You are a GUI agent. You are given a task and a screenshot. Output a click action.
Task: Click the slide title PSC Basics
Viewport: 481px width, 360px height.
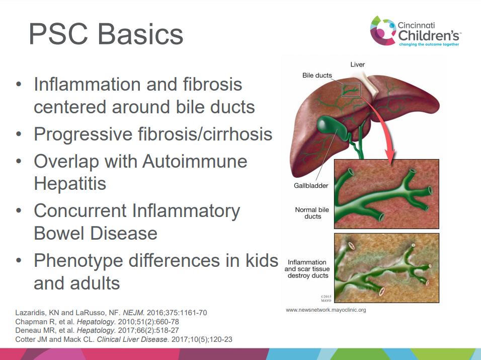coord(106,34)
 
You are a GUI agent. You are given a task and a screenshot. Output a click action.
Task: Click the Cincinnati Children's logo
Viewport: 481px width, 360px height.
coord(416,31)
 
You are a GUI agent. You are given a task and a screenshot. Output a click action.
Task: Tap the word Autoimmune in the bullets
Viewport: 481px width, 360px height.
coord(195,161)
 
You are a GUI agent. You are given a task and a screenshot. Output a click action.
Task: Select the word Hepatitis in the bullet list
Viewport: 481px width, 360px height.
coord(70,184)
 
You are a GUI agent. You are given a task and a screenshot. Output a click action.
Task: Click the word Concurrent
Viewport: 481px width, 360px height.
coord(80,211)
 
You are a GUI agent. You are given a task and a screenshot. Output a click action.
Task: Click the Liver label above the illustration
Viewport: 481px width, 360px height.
coord(357,64)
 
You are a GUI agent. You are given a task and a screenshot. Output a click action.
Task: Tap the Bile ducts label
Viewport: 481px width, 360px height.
coord(317,75)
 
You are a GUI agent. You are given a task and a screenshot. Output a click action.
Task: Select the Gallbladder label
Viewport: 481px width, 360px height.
coord(311,185)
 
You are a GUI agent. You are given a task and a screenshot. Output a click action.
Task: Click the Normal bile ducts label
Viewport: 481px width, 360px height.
coord(312,213)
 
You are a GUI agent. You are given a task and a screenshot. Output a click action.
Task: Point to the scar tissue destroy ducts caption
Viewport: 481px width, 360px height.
coord(307,269)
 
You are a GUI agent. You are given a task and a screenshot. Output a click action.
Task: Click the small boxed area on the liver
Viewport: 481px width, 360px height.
coord(351,90)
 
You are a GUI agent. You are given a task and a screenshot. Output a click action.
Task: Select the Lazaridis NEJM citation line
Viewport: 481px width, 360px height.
coord(111,313)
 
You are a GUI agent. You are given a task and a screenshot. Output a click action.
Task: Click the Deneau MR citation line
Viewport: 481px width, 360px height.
coord(97,330)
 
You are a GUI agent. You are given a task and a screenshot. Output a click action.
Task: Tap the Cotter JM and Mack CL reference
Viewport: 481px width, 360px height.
coord(124,339)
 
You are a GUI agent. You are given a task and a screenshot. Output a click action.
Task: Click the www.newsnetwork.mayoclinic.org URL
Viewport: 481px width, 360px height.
coord(326,310)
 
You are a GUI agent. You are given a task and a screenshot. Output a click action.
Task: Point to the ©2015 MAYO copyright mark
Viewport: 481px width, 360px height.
coord(326,299)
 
